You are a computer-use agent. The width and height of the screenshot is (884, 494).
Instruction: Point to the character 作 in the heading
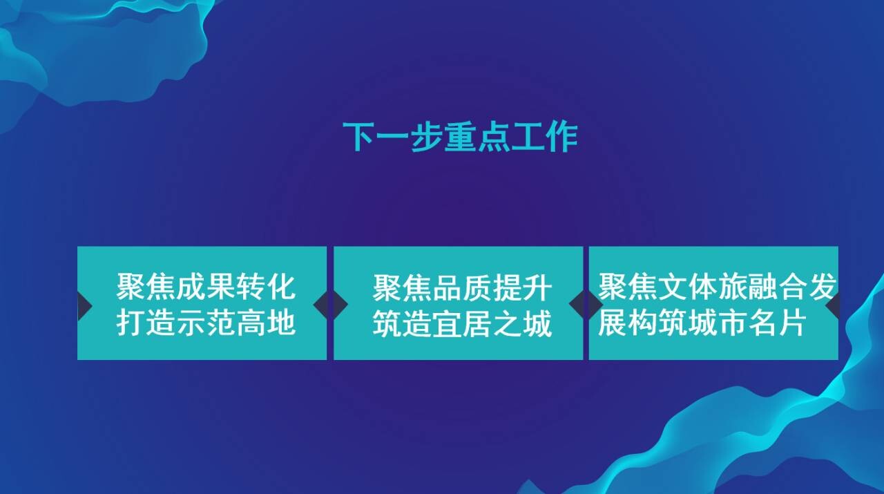coord(561,137)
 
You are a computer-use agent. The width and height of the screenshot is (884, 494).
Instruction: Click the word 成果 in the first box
coord(206,287)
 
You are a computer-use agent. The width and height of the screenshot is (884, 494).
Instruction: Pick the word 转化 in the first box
coord(266,287)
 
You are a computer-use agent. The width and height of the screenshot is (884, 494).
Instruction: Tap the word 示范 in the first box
coord(206,323)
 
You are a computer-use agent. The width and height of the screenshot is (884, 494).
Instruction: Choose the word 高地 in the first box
coord(266,323)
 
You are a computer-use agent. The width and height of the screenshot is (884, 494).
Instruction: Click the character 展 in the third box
coord(613,323)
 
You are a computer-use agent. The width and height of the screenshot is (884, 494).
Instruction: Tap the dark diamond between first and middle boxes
coord(331,305)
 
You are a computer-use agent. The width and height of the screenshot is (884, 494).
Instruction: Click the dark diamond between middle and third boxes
coord(586,305)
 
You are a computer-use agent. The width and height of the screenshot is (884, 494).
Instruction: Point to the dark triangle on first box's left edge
coord(84,306)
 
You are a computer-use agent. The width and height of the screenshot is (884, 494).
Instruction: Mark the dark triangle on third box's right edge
coord(833,305)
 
